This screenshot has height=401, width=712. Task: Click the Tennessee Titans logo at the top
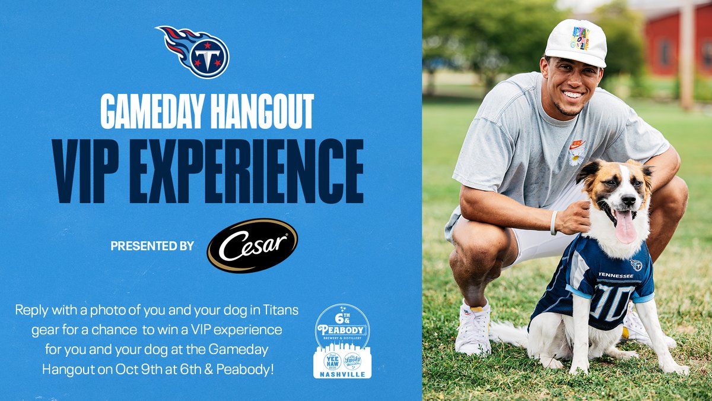[194, 52]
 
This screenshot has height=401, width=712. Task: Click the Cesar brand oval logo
[252, 245]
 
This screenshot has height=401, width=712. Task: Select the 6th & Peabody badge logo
[342, 341]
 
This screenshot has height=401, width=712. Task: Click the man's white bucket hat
[575, 43]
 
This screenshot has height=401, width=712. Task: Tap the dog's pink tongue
[625, 228]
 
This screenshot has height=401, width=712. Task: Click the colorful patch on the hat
[580, 37]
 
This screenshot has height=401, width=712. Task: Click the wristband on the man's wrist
[554, 223]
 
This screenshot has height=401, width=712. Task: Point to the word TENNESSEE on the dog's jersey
[615, 275]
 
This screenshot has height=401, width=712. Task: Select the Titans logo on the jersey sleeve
[636, 265]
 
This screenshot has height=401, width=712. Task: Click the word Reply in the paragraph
[31, 310]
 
